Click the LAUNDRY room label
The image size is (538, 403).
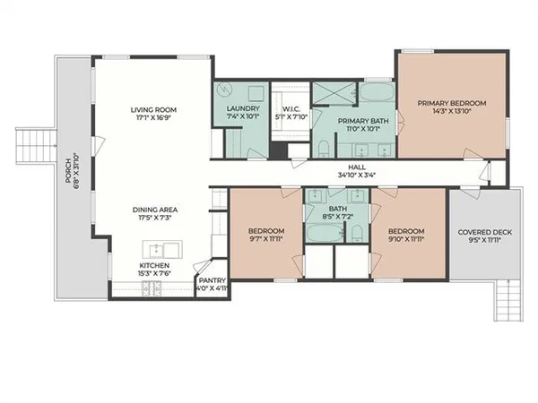pos(241,110)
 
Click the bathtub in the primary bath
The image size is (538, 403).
pos(375,93)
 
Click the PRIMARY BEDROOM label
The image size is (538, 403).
pos(452,104)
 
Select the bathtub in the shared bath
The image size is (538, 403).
pos(321,233)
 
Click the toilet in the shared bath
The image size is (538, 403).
pos(356,235)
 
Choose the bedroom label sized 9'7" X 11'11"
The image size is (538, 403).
pos(266,239)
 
